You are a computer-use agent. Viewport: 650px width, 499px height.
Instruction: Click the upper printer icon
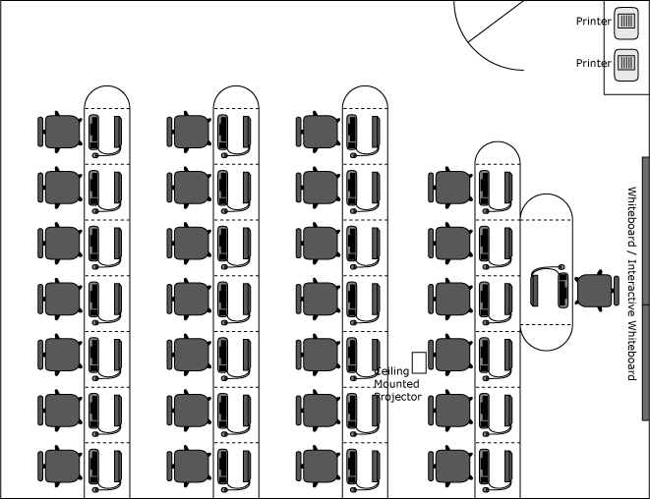tap(626, 24)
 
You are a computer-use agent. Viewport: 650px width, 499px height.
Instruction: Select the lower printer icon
tap(626, 65)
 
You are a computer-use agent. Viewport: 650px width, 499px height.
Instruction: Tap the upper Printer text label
tap(594, 22)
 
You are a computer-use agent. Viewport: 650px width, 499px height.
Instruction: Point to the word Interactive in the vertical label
tap(631, 289)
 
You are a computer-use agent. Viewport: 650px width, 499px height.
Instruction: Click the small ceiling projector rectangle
tap(419, 362)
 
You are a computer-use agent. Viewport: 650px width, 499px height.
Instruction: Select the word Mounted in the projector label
tap(396, 384)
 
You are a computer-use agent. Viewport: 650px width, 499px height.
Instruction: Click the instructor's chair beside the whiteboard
tap(597, 290)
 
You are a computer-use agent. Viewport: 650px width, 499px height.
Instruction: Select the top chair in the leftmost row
tap(60, 132)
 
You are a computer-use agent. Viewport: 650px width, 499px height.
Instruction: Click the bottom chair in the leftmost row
tap(60, 467)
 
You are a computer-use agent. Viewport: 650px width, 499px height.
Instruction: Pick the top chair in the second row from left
tap(189, 132)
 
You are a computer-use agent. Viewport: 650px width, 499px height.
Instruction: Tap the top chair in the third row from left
tap(319, 132)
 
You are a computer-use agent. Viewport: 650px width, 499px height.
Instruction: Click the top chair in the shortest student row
tap(450, 188)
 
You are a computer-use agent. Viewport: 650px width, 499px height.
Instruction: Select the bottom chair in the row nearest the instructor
tap(450, 467)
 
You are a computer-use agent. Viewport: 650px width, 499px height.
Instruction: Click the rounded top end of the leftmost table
tap(107, 86)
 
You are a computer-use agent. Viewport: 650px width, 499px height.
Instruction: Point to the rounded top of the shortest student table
tap(498, 142)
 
